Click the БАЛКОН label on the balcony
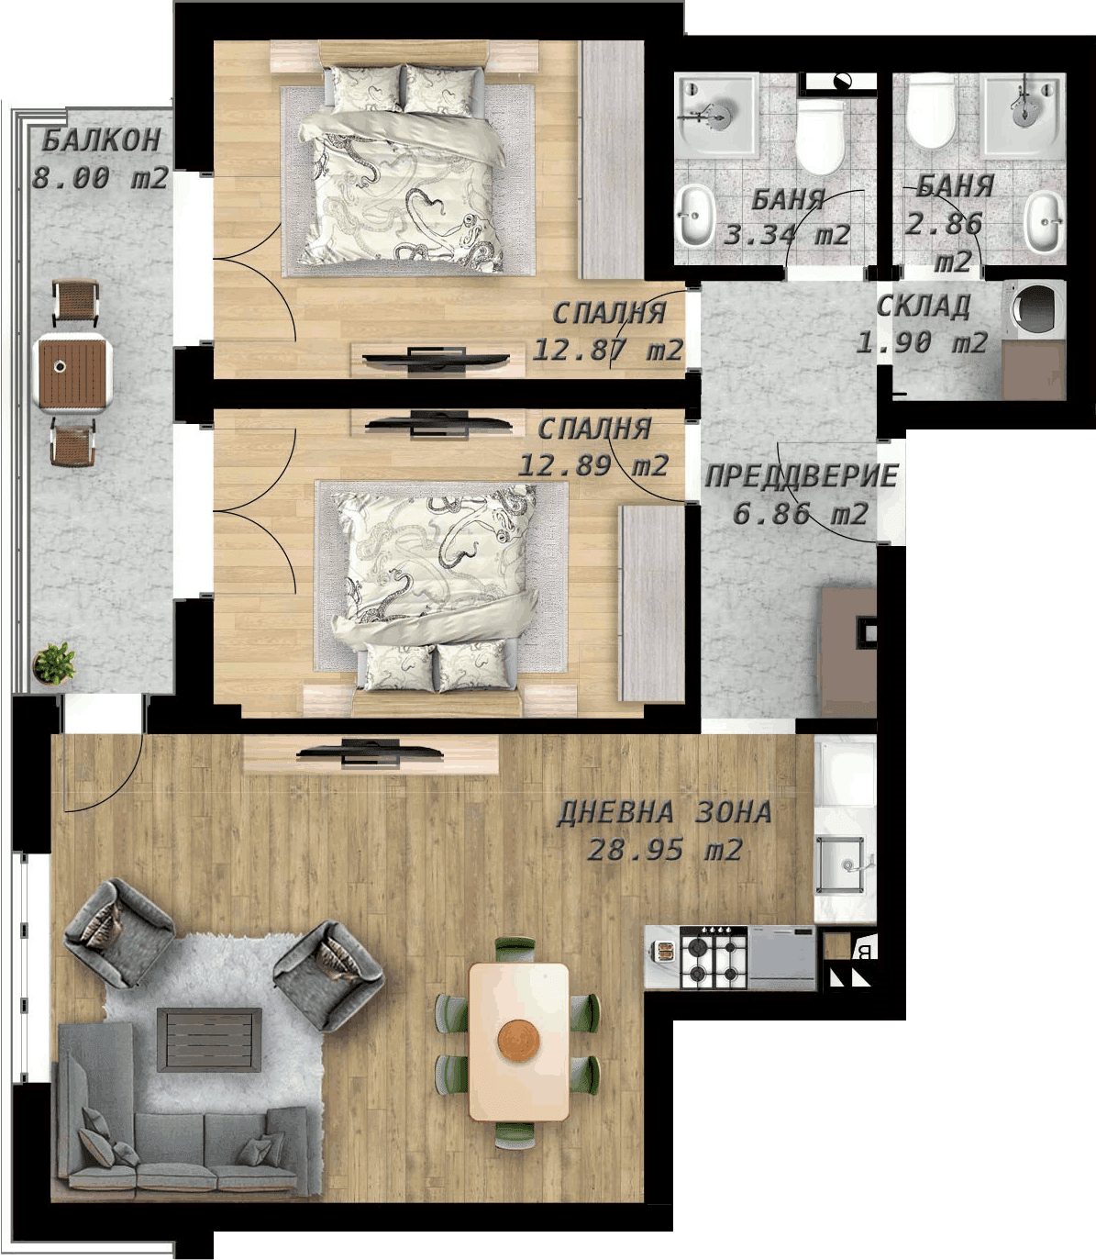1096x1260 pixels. (x=102, y=141)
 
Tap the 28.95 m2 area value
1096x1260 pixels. (x=665, y=851)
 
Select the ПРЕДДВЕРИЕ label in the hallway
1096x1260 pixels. (x=802, y=476)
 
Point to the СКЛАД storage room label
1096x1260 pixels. (x=923, y=307)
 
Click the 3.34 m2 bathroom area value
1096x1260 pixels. (x=787, y=235)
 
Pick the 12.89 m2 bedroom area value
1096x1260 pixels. (x=593, y=465)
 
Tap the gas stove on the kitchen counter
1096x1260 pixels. (x=714, y=958)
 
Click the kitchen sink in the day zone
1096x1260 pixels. (x=844, y=864)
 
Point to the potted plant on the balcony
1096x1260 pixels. (x=54, y=663)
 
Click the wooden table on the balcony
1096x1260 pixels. (x=73, y=373)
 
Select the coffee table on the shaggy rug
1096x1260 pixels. (x=209, y=1040)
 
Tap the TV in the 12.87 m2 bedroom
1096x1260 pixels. (x=435, y=359)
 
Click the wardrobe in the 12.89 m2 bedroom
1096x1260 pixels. (x=652, y=603)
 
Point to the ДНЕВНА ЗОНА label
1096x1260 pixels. (x=664, y=813)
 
